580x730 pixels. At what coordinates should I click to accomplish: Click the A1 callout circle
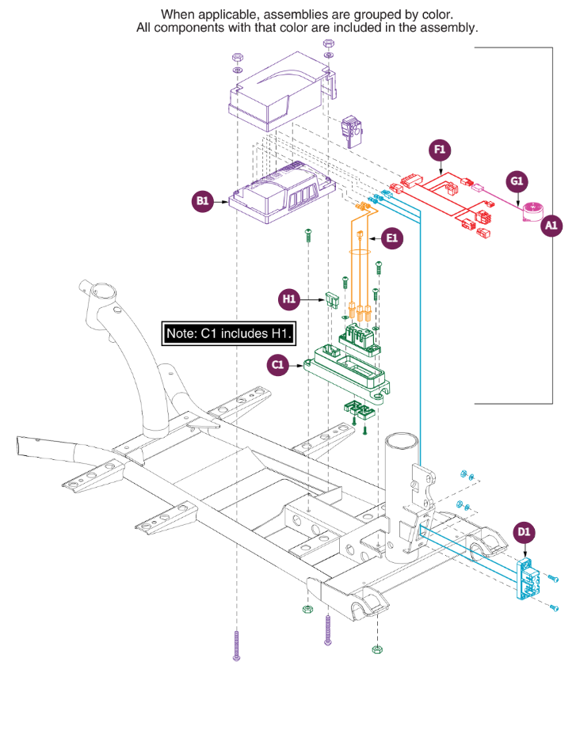click(x=551, y=226)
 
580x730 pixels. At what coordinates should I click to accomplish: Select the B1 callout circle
click(x=204, y=202)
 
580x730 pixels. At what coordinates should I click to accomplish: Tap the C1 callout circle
click(x=278, y=365)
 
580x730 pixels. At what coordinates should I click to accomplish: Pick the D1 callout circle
click(x=525, y=533)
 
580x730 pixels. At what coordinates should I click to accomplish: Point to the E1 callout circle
click(x=392, y=237)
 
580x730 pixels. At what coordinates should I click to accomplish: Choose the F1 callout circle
click(x=440, y=150)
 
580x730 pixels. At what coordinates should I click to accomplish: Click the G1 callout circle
click(x=517, y=182)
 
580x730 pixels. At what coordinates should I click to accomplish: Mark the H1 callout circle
click(x=289, y=299)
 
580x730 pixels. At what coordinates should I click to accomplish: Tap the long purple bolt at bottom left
click(x=236, y=643)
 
